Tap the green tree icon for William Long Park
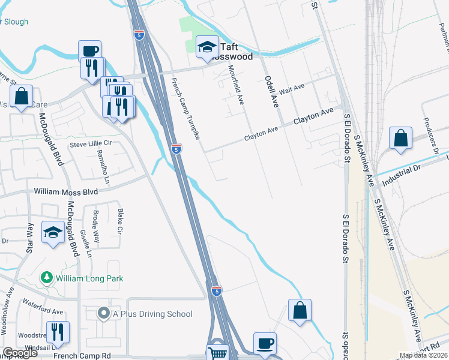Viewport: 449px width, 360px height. pos(46,278)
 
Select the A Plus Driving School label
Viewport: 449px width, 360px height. pos(152,314)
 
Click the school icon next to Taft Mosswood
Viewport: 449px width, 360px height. pos(206,47)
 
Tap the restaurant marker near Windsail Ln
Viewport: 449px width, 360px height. pos(58,332)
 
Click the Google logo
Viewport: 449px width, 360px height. pos(20,353)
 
